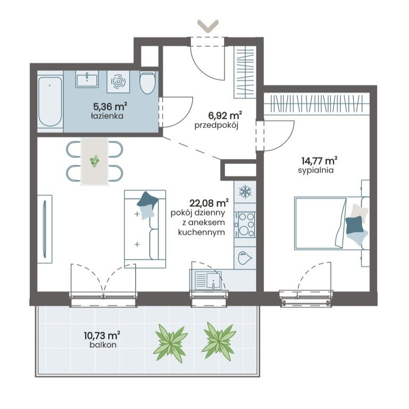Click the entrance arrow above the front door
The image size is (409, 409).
207,26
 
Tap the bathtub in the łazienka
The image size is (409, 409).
50,101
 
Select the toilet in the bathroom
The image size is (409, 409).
148,83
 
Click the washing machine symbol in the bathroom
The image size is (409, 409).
119,81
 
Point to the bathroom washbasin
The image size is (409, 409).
87,79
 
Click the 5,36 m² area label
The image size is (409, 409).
110,107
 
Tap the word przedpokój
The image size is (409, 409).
216,126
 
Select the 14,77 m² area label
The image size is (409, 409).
320,160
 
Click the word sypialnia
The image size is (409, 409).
316,170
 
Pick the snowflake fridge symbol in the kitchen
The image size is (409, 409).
245,192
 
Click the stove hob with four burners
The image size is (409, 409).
245,225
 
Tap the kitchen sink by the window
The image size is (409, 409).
208,280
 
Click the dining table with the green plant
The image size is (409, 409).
95,161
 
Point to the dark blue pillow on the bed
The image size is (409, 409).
354,225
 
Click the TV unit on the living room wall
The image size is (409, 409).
45,229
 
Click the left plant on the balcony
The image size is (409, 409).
171,341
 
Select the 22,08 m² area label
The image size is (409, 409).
210,203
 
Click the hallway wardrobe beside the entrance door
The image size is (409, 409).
244,72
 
